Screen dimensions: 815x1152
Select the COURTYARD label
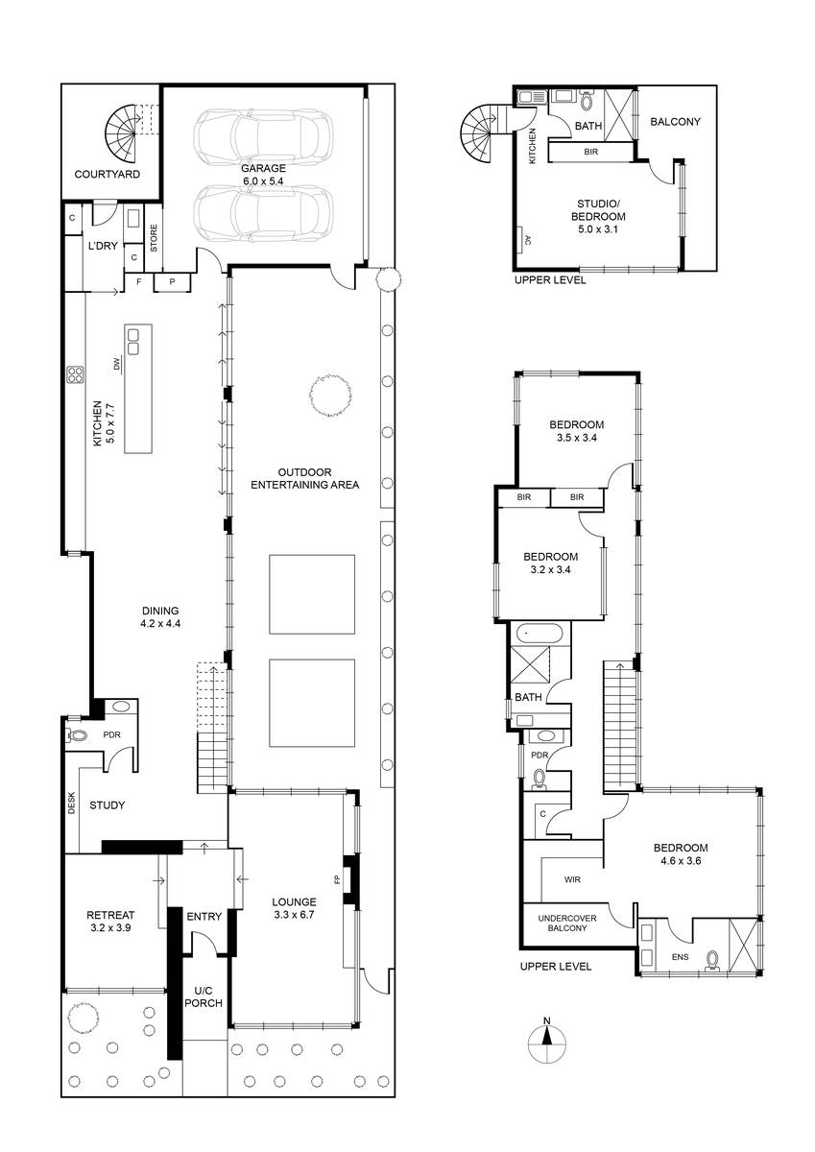107,174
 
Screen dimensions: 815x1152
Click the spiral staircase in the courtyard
122,133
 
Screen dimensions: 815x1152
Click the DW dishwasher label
116,364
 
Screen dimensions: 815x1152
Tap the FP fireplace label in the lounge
337,879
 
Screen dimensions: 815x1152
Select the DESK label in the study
71,803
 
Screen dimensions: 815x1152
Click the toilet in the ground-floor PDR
76,735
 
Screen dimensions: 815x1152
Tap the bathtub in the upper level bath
539,633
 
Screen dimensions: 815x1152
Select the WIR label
572,880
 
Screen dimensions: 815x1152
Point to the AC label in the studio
528,240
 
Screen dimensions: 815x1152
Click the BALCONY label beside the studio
675,122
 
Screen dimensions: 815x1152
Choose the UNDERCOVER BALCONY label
567,924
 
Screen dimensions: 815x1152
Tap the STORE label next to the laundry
154,238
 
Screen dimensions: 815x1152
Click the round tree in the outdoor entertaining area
330,395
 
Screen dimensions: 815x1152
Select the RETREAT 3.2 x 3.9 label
110,921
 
